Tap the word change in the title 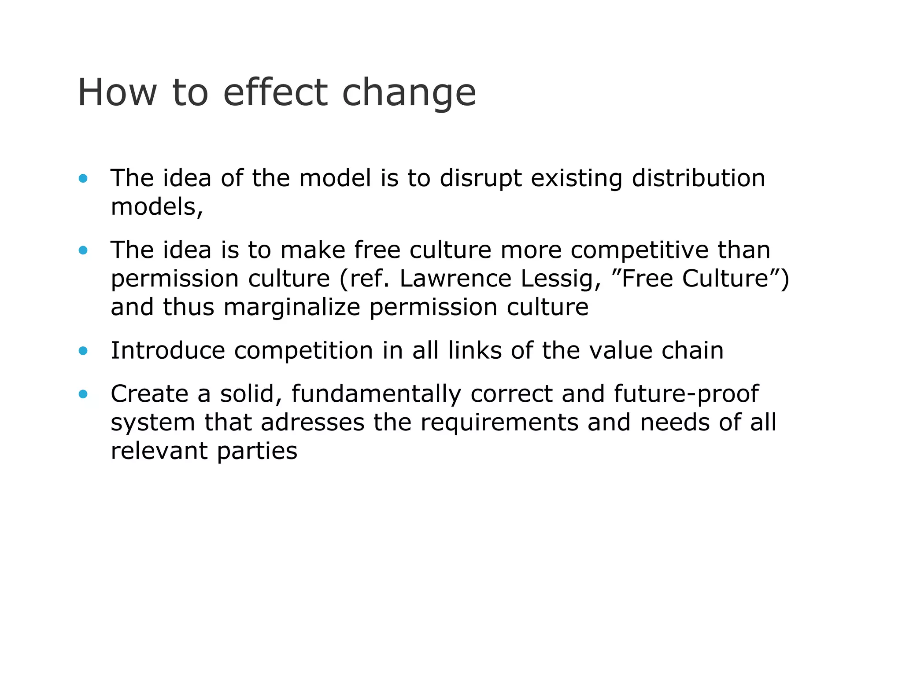409,93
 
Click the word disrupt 481,179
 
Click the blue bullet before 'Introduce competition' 83,351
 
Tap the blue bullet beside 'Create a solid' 83,394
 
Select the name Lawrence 455,279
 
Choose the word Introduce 167,351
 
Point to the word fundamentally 376,394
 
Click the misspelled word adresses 312,422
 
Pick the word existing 577,179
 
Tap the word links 475,351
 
